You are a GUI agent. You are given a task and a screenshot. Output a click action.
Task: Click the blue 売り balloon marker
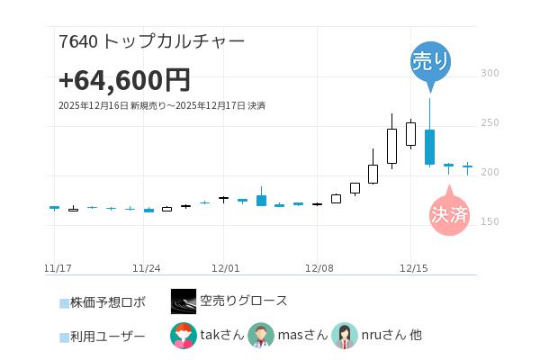(x=430, y=61)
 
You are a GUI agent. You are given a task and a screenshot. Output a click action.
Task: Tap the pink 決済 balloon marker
(x=448, y=214)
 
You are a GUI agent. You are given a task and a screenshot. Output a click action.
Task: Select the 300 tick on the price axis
(x=490, y=73)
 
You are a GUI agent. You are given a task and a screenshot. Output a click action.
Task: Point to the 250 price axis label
(x=490, y=122)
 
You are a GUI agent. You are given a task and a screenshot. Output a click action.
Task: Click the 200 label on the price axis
(x=490, y=172)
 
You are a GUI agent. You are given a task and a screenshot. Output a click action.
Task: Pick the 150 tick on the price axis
(x=490, y=221)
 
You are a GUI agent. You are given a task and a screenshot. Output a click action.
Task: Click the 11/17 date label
(x=58, y=268)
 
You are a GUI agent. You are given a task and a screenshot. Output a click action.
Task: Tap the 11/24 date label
(x=146, y=268)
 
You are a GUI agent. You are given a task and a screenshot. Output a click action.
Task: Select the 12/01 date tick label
(x=225, y=268)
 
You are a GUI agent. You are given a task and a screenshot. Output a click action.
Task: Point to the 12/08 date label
(x=319, y=268)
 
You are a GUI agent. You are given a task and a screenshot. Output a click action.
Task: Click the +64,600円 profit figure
(x=124, y=80)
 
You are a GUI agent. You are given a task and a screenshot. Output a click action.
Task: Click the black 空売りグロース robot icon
(x=184, y=301)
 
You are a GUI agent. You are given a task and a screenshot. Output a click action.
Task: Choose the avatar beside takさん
(x=184, y=336)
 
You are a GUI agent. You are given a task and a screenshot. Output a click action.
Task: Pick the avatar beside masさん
(x=261, y=336)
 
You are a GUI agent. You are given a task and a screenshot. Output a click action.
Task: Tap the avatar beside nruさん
(x=345, y=336)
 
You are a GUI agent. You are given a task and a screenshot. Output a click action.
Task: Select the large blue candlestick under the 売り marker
(x=430, y=147)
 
